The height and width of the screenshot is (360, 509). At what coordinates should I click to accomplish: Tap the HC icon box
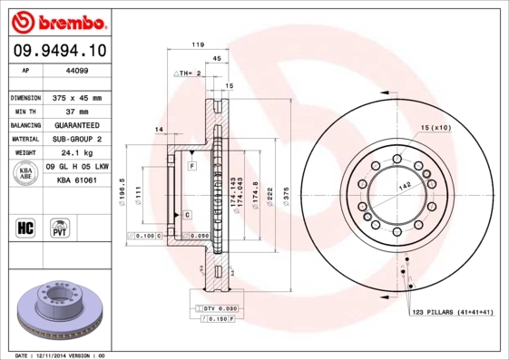tap(24, 227)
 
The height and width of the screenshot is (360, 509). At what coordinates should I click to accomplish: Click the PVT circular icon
tap(60, 227)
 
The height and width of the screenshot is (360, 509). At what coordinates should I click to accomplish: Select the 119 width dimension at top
tap(196, 44)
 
